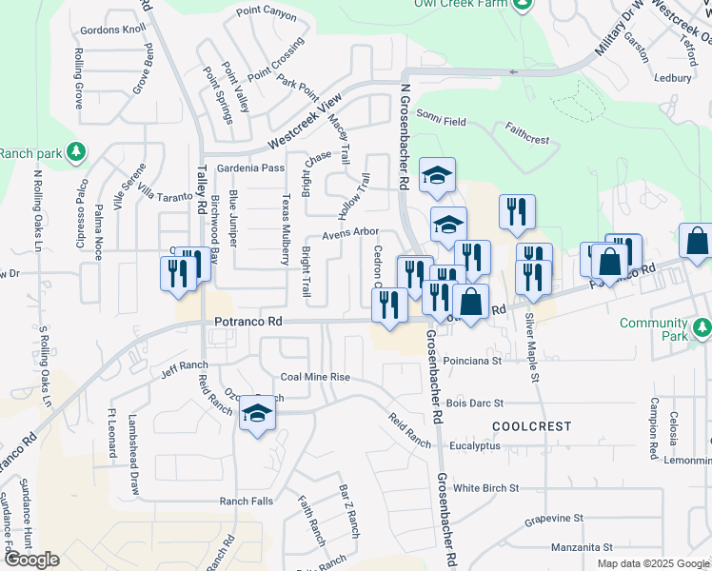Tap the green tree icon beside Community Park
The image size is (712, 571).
[x=702, y=328]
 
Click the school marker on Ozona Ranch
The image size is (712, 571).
[x=257, y=412]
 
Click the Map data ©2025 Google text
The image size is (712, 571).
[x=652, y=563]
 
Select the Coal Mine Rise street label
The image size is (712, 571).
[x=315, y=377]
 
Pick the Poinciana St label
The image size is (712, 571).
[x=473, y=361]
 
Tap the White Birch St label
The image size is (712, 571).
[x=485, y=487]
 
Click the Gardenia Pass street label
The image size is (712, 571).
[x=251, y=167]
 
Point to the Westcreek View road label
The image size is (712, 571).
[x=304, y=122]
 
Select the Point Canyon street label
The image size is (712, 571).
[x=267, y=12]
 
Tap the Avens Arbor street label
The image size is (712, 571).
[x=350, y=232]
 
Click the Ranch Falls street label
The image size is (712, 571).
[x=247, y=502]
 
